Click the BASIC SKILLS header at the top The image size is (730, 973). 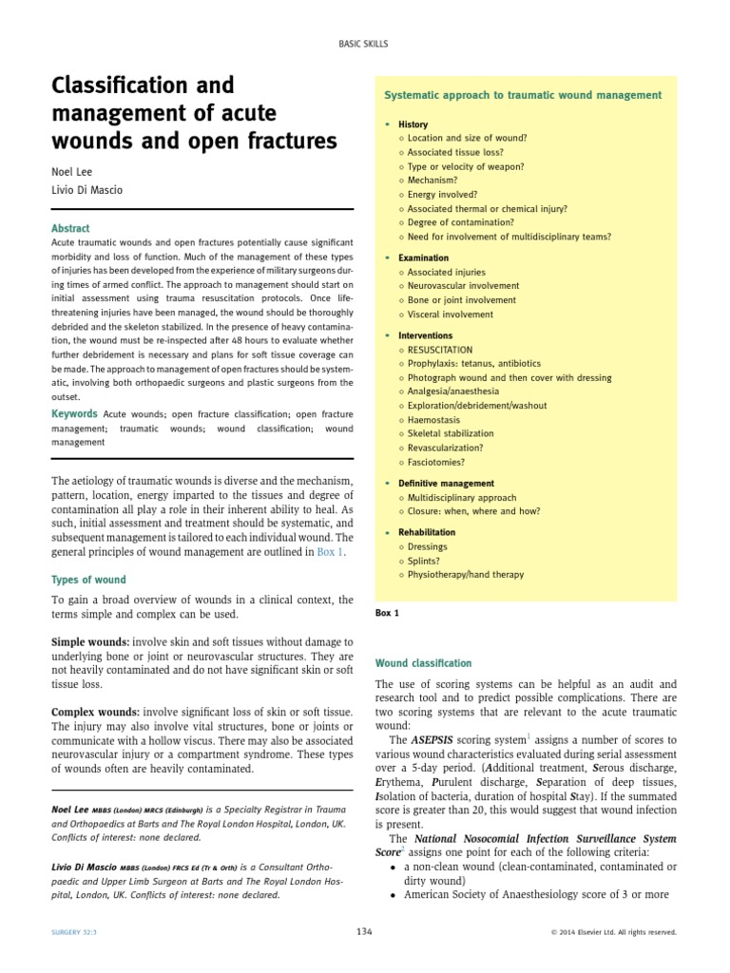pos(365,44)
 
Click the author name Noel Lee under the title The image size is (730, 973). pos(70,172)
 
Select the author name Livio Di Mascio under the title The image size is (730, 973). pos(86,190)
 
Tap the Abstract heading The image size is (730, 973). pos(70,228)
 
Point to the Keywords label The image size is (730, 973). pos(73,413)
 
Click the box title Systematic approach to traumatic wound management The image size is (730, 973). pos(523,96)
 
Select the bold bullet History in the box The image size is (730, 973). pos(413,124)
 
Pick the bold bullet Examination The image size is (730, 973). pos(423,258)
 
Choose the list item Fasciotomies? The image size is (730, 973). pos(439,462)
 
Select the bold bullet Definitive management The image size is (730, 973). pos(446,484)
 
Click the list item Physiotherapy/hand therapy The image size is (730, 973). pos(465,574)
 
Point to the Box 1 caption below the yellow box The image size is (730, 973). pos(388,613)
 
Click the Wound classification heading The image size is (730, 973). pos(424,662)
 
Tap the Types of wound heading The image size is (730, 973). pos(87,580)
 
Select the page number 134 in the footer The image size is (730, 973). pos(364,932)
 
